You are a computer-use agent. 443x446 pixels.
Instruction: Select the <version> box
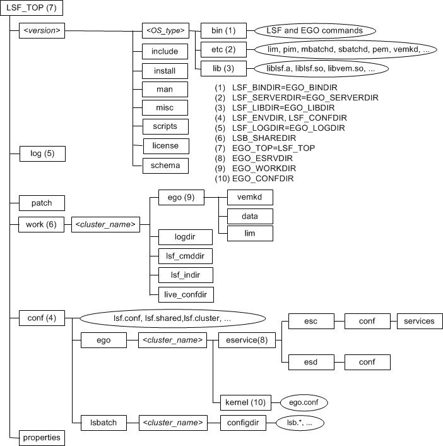click(42, 30)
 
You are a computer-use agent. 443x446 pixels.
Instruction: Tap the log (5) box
click(42, 153)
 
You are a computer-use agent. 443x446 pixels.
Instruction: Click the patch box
click(42, 203)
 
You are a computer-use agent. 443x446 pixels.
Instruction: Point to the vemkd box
click(249, 198)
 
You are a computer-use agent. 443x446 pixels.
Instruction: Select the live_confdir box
click(186, 294)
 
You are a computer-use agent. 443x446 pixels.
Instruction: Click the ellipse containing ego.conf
click(304, 402)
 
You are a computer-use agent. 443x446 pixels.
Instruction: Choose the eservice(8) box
click(242, 340)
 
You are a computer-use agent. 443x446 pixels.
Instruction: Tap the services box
click(420, 321)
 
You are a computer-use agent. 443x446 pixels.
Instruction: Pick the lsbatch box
click(98, 422)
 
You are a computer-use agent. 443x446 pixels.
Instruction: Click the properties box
click(42, 437)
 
